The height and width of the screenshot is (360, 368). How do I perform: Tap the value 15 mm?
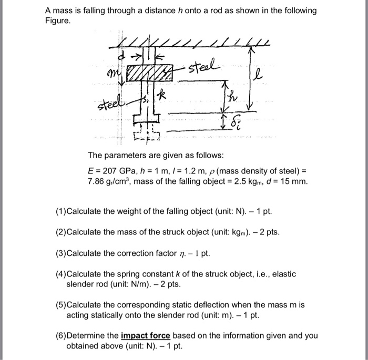coord(294,182)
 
